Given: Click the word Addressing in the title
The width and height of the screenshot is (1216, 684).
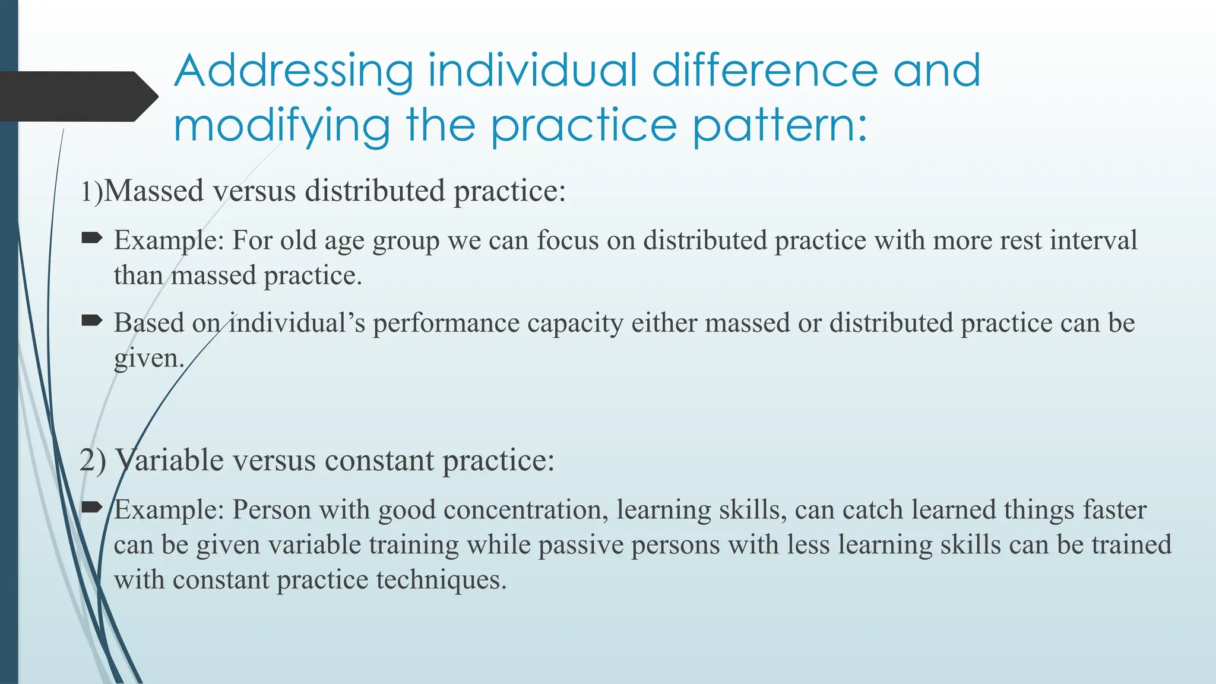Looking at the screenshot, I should (x=293, y=71).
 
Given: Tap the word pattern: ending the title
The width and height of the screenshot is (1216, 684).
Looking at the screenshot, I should (x=780, y=126).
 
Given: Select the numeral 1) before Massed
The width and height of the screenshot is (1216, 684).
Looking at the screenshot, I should (x=91, y=192).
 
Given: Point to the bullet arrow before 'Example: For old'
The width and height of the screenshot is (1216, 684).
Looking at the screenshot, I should (x=91, y=239).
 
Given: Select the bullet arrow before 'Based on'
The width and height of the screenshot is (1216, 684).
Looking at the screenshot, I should (x=91, y=321).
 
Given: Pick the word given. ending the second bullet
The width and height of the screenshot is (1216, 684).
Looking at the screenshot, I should (x=149, y=359).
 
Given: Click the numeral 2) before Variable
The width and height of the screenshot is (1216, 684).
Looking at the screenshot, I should (x=93, y=460).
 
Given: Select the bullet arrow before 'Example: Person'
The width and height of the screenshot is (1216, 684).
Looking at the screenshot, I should (x=91, y=507).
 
